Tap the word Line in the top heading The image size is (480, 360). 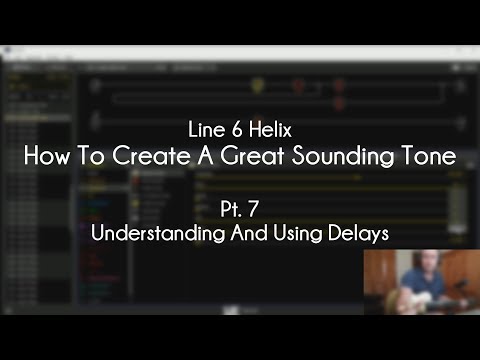[x=201, y=131]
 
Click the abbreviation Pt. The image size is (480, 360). [x=230, y=210]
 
